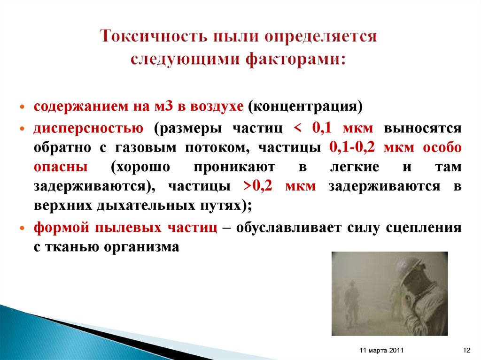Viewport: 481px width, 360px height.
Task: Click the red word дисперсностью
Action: [88, 129]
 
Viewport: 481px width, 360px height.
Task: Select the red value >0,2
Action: [261, 186]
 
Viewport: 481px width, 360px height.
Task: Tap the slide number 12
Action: [466, 350]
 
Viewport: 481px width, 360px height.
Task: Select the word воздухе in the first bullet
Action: [217, 106]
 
